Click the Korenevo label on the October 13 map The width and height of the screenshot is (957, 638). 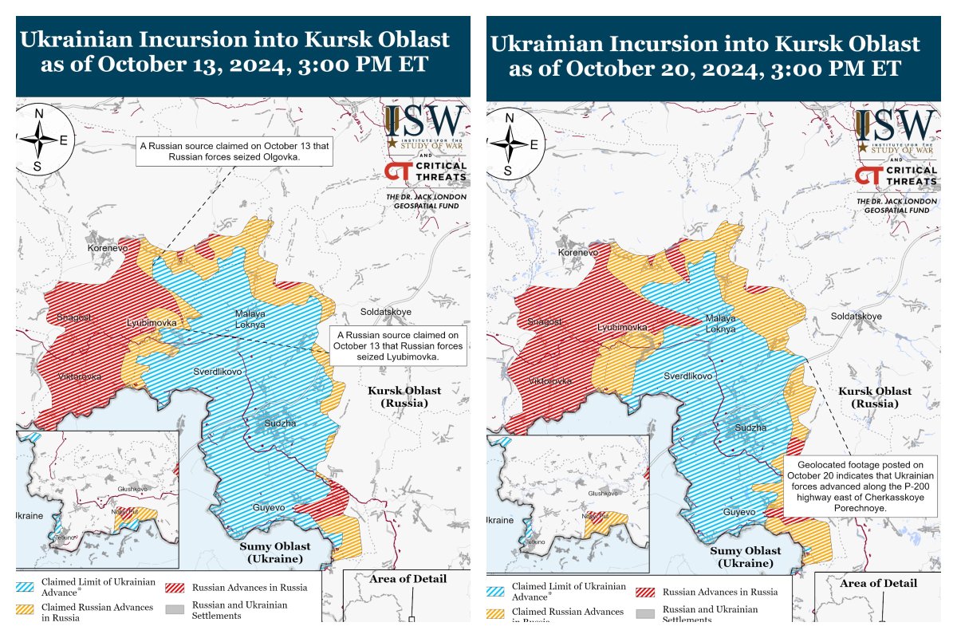point(107,249)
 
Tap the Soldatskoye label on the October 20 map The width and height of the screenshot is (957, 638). point(857,317)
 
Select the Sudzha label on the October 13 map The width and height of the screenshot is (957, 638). point(280,423)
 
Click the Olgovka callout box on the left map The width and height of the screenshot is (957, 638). point(234,152)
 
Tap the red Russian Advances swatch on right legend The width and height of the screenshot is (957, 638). point(647,593)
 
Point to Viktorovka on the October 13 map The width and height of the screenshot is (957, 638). point(80,376)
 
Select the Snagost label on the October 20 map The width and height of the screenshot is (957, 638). point(545,321)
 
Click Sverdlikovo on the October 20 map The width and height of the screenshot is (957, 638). point(689,376)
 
